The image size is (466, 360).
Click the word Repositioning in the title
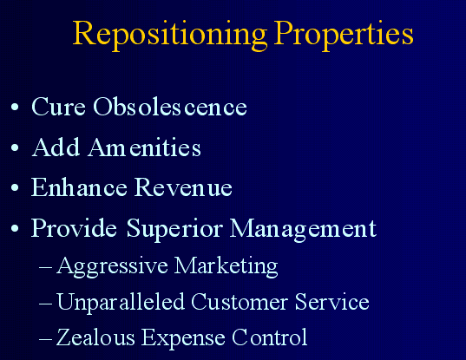click(170, 35)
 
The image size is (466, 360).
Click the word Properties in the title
click(344, 35)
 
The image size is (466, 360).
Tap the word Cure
click(58, 107)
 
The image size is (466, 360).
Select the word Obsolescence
click(170, 106)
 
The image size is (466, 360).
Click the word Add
click(56, 147)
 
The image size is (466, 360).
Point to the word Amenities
click(144, 147)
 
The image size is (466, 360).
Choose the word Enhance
click(79, 187)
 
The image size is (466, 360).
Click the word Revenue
click(183, 187)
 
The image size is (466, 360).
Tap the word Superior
click(174, 229)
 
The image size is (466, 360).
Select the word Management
click(303, 229)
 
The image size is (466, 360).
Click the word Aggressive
click(112, 266)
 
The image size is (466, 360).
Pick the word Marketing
click(226, 266)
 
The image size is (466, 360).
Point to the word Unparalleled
click(121, 303)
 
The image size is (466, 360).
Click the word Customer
click(240, 302)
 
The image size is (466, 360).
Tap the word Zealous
click(95, 337)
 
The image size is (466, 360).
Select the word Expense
click(183, 338)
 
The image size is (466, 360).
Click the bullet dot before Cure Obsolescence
click(15, 107)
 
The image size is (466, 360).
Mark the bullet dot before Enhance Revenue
click(15, 187)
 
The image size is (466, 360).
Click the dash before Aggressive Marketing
click(45, 267)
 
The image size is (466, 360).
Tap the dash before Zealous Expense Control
click(45, 338)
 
